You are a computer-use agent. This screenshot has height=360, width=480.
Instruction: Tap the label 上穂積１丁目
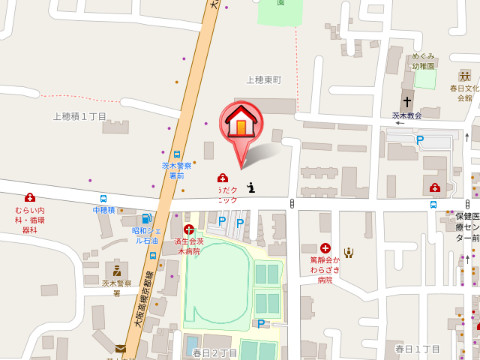point(80,117)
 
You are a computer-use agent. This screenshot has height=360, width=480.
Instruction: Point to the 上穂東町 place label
point(264,79)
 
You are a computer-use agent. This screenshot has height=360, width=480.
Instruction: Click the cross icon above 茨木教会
point(408,101)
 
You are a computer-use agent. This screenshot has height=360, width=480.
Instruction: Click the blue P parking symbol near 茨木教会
point(421,140)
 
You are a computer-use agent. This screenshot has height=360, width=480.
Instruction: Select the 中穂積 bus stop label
point(104,210)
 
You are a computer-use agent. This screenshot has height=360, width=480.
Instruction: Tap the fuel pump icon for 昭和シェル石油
point(147,219)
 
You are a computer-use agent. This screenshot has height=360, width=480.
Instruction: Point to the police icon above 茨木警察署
point(117,270)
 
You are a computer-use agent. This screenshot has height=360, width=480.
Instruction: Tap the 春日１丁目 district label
point(418,347)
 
